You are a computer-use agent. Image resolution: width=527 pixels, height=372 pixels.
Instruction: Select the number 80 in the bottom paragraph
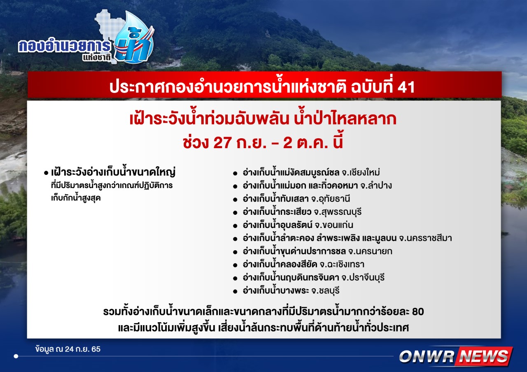(x=418, y=312)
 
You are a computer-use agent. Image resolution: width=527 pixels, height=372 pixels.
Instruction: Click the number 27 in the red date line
(x=222, y=143)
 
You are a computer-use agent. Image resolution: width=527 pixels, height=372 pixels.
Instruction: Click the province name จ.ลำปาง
(x=376, y=186)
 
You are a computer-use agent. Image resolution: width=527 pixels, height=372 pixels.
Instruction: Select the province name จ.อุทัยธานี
(x=331, y=199)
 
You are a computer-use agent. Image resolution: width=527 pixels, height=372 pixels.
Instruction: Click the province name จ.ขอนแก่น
(x=334, y=225)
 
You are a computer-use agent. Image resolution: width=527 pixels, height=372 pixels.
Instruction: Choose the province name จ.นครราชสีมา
(x=425, y=238)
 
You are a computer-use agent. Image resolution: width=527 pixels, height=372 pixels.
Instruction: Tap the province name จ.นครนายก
(x=370, y=251)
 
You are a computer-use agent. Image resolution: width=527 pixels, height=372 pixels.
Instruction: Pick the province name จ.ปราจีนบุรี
(x=363, y=278)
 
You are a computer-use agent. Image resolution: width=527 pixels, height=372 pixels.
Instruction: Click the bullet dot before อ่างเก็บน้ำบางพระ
(x=235, y=292)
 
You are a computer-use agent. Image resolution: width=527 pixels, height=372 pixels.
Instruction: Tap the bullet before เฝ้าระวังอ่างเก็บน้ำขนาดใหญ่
(x=46, y=173)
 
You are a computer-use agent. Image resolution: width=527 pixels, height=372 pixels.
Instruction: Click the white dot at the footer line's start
(x=16, y=356)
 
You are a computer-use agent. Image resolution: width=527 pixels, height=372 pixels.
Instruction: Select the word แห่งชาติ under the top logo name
(x=97, y=58)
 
